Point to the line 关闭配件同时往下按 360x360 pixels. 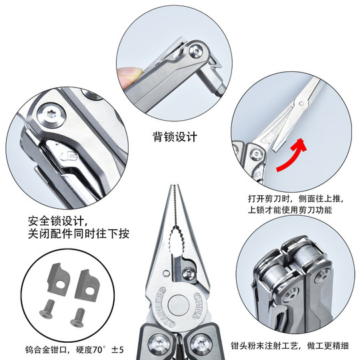[78, 234]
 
